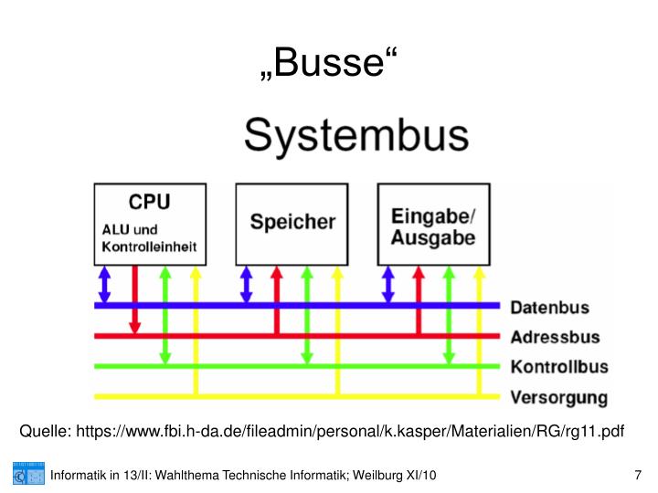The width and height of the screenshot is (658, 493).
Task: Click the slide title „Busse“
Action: [328, 63]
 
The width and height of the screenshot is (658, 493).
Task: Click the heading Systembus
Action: [356, 138]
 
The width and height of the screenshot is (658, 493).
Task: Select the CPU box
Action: [148, 222]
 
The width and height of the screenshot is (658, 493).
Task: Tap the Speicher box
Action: [292, 222]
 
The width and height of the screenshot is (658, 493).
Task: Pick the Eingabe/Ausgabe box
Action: [433, 222]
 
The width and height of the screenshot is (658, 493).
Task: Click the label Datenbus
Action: [549, 308]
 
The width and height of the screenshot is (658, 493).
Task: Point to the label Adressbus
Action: [554, 337]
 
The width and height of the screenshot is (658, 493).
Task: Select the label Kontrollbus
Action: [558, 367]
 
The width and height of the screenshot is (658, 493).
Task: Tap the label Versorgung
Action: [558, 397]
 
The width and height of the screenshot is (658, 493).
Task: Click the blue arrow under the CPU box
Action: [104, 284]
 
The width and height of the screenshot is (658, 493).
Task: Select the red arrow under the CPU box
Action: [134, 297]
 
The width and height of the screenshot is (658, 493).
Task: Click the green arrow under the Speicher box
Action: [307, 315]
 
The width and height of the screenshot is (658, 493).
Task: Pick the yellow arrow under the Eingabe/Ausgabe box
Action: [478, 329]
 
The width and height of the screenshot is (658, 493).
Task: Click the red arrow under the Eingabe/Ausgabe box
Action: [419, 297]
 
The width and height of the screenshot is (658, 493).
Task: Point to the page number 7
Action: [637, 476]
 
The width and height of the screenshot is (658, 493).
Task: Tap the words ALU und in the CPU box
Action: [129, 230]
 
